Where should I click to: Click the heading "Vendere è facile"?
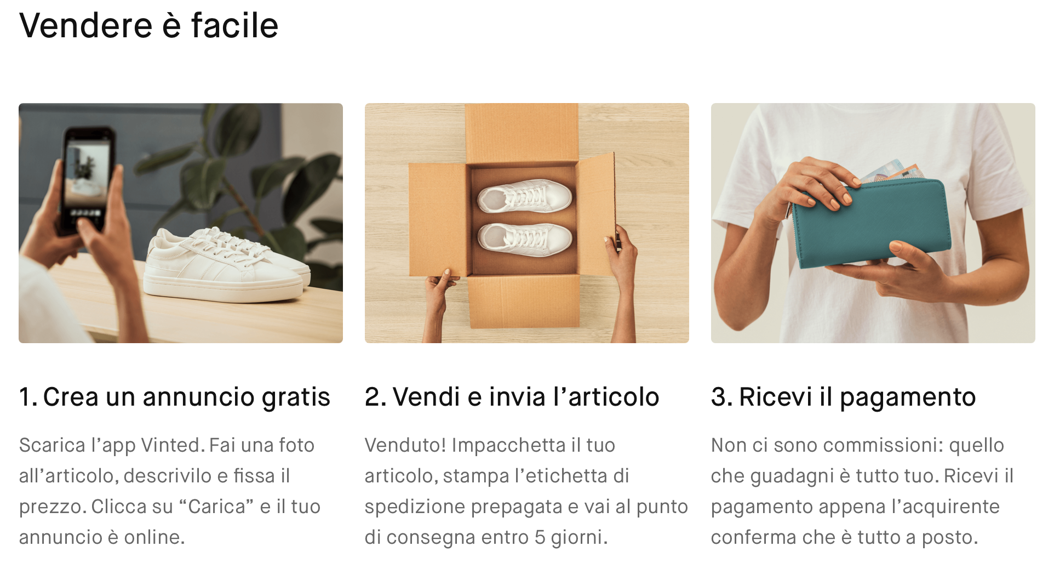click(148, 26)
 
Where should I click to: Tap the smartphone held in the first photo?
click(88, 181)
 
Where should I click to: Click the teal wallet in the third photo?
click(871, 222)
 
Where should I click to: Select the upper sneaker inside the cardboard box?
click(524, 196)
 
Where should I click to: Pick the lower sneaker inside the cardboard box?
click(525, 239)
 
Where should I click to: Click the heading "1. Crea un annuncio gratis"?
click(174, 397)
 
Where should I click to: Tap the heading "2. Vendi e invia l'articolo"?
click(512, 397)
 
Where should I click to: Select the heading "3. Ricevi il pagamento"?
click(843, 397)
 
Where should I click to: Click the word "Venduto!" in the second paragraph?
click(405, 445)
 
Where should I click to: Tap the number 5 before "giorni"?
click(540, 537)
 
